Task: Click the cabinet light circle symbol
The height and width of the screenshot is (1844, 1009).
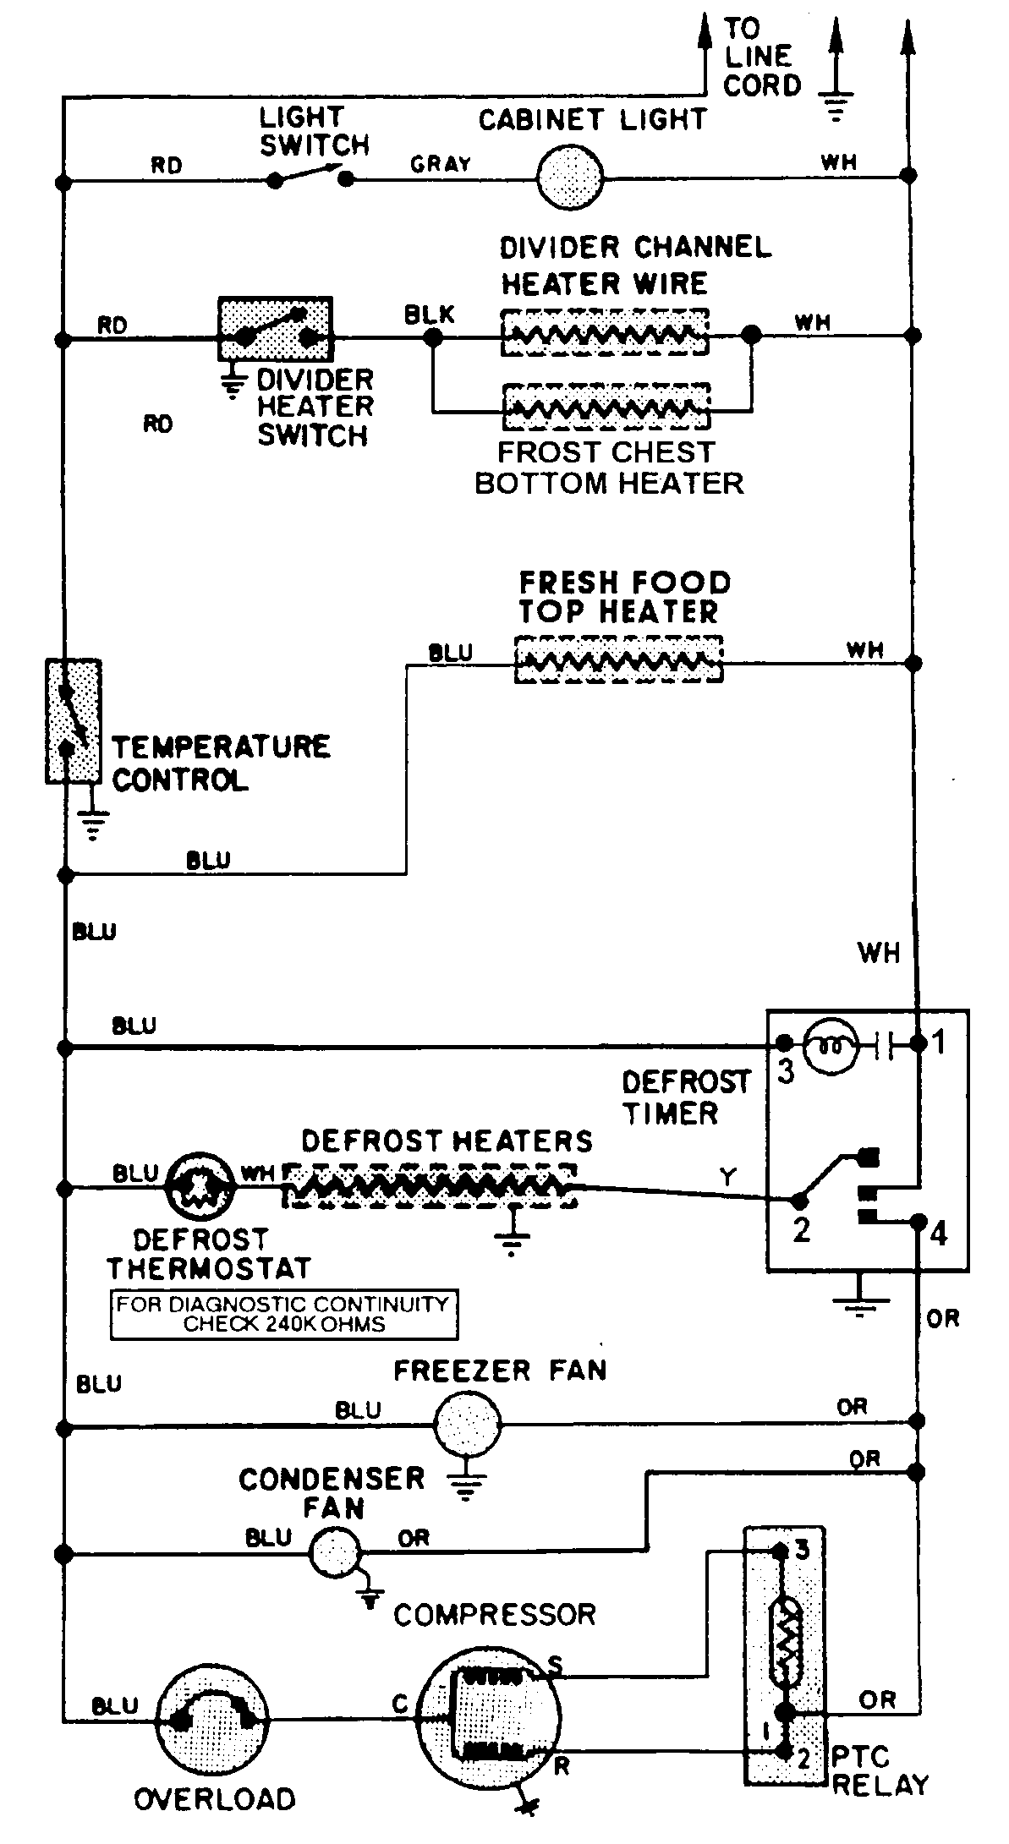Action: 570,178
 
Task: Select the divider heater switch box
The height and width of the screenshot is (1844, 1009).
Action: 275,329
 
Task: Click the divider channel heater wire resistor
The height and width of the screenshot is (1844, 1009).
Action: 605,332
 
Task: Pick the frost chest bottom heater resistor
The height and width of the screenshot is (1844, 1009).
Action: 606,407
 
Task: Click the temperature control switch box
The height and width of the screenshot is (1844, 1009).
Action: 73,720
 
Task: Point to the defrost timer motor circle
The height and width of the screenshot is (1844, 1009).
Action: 832,1047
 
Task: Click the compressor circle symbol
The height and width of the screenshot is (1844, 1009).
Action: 489,1717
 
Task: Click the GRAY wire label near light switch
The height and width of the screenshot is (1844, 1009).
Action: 440,164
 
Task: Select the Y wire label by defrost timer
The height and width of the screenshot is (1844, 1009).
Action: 727,1176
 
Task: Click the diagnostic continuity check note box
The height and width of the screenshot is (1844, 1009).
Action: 283,1315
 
